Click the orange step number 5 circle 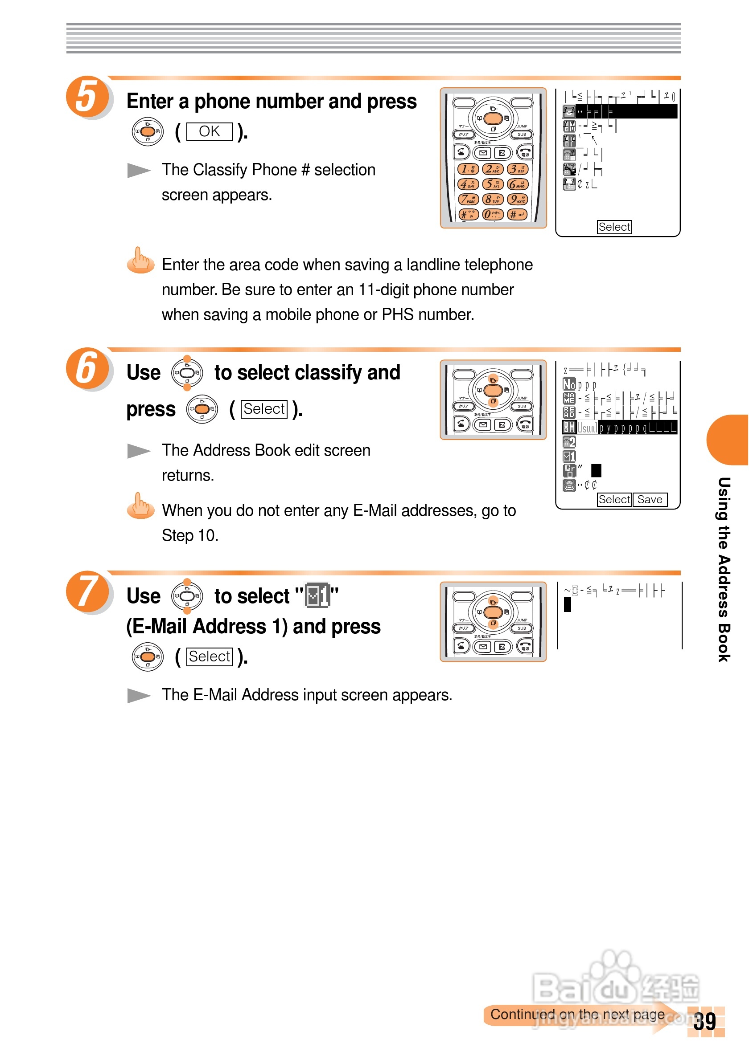[87, 96]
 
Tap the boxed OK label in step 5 [209, 131]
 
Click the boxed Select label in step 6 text [264, 409]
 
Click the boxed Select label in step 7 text [209, 656]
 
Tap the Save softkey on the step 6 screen [650, 500]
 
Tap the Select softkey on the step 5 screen [614, 227]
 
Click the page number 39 [705, 1022]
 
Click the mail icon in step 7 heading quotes [317, 595]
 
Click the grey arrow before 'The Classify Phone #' [139, 170]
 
